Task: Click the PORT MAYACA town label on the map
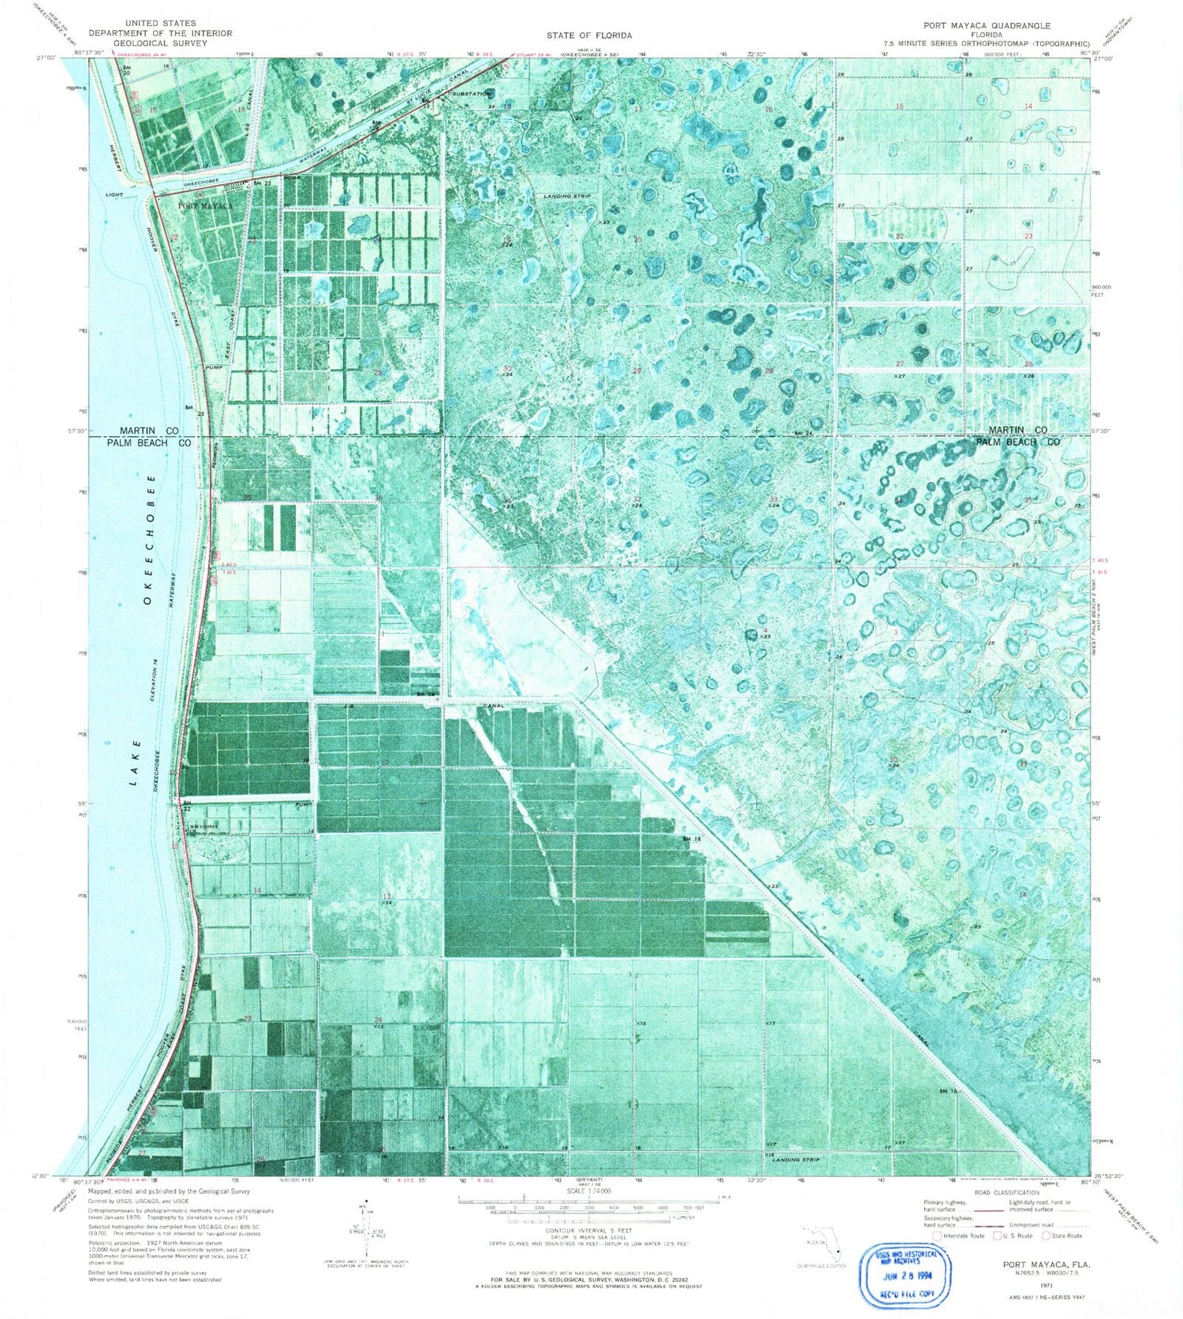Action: point(205,206)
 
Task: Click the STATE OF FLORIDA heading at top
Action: point(589,35)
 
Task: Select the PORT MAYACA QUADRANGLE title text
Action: point(987,25)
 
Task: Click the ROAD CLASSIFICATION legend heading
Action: point(1007,1193)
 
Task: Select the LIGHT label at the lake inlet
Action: point(114,194)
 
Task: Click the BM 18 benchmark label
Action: point(692,839)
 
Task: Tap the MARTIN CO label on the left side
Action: point(149,430)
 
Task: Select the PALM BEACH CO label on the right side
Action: point(1017,442)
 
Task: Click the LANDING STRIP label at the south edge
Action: point(796,1160)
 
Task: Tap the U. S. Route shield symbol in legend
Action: point(998,1235)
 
